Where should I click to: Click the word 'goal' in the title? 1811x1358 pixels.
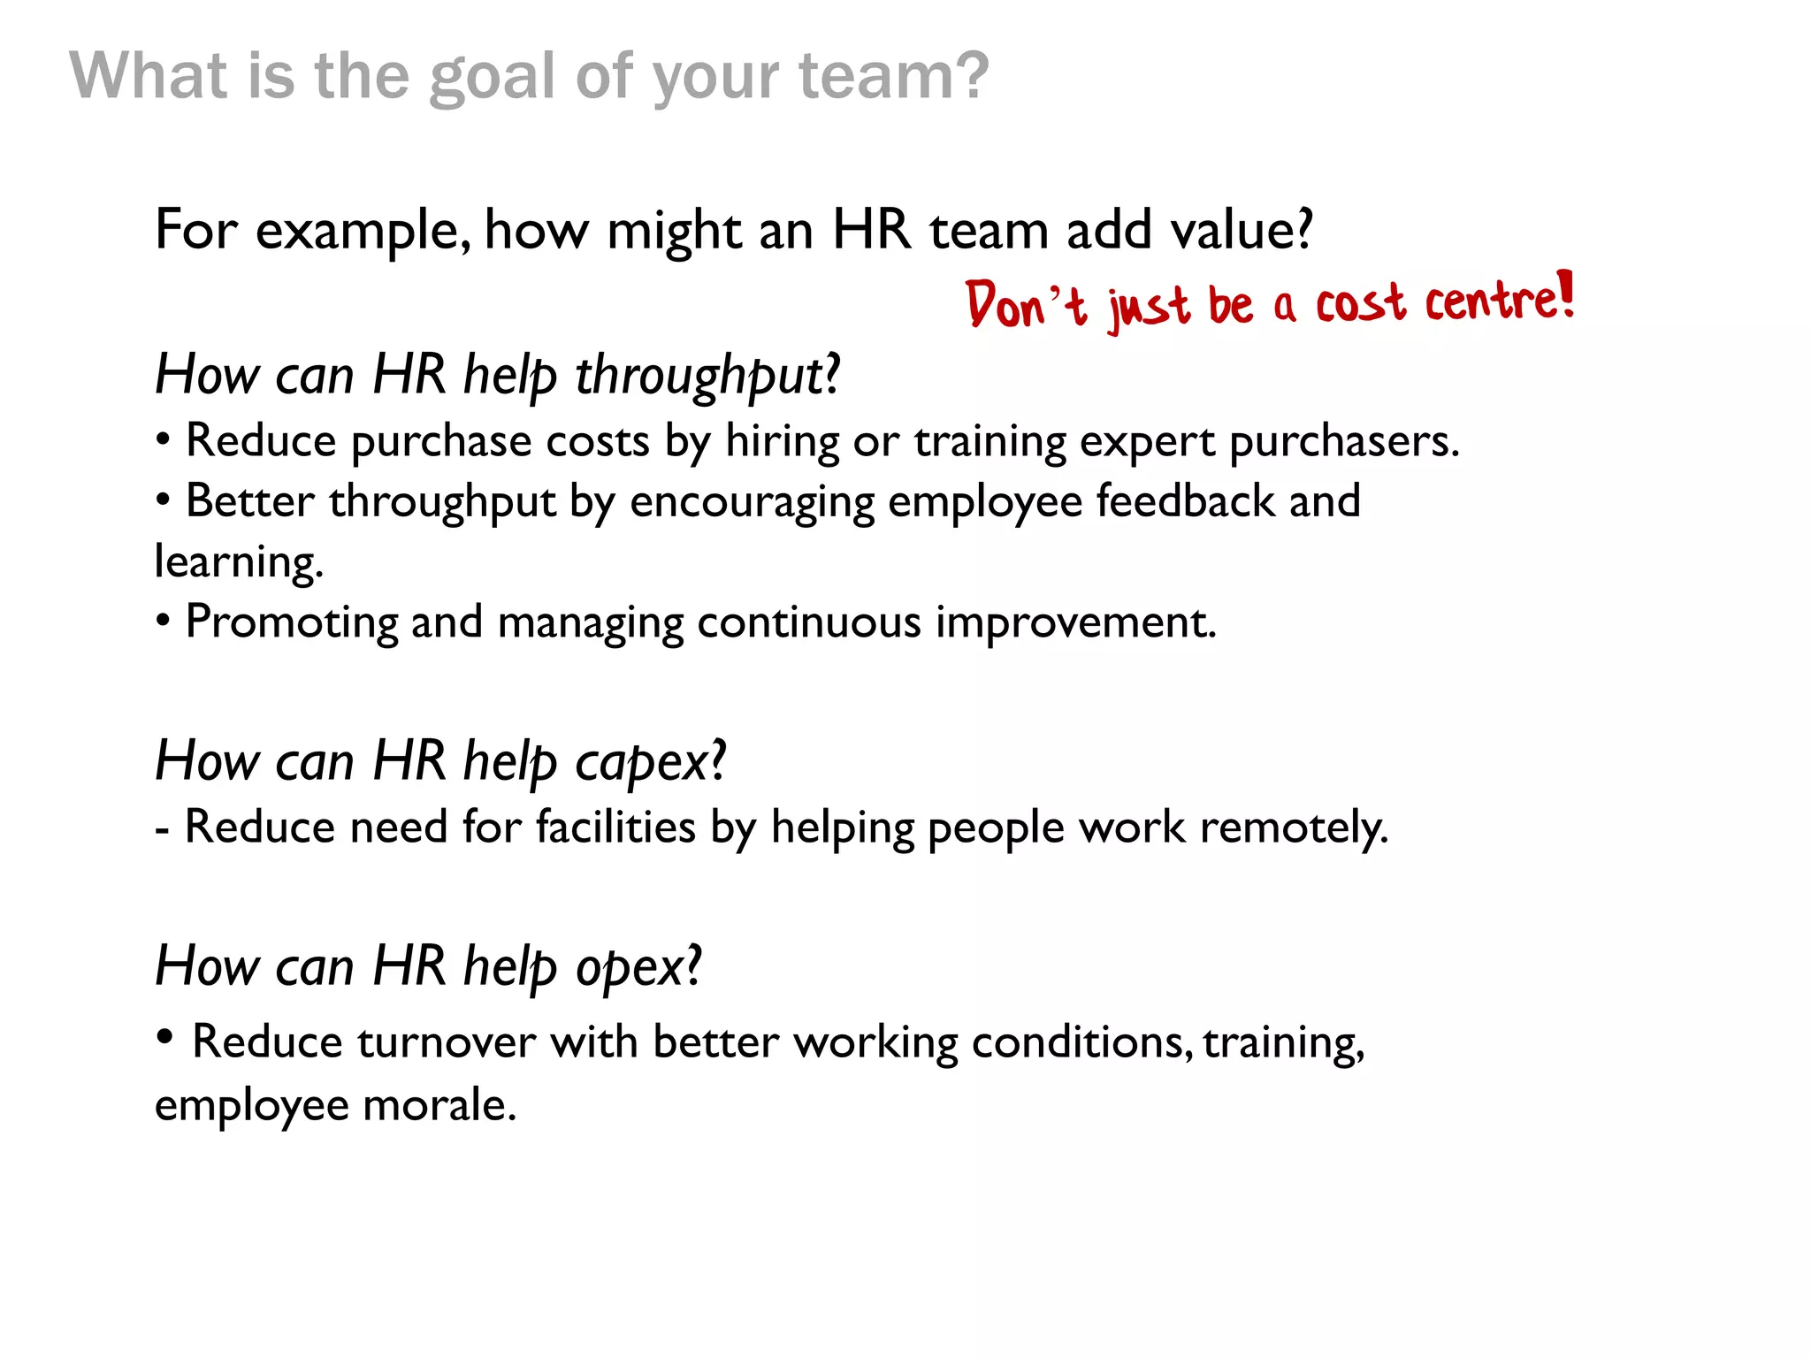(493, 77)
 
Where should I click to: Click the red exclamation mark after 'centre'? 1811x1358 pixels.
(1566, 295)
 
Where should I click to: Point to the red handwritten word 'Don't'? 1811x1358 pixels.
(1025, 305)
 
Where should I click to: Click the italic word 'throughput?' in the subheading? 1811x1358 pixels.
(707, 376)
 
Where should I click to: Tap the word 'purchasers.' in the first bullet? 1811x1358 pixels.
(1344, 441)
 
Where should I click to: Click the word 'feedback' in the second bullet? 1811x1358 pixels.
(1185, 501)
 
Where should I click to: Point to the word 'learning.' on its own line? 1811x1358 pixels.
(239, 561)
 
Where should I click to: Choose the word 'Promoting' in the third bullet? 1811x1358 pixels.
(292, 622)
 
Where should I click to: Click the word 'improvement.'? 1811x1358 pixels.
(1076, 622)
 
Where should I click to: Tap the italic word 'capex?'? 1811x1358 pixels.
(651, 762)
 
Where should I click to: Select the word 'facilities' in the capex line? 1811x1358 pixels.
(615, 828)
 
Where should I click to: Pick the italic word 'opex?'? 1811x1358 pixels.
(638, 966)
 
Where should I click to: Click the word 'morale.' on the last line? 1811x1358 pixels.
(439, 1105)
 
